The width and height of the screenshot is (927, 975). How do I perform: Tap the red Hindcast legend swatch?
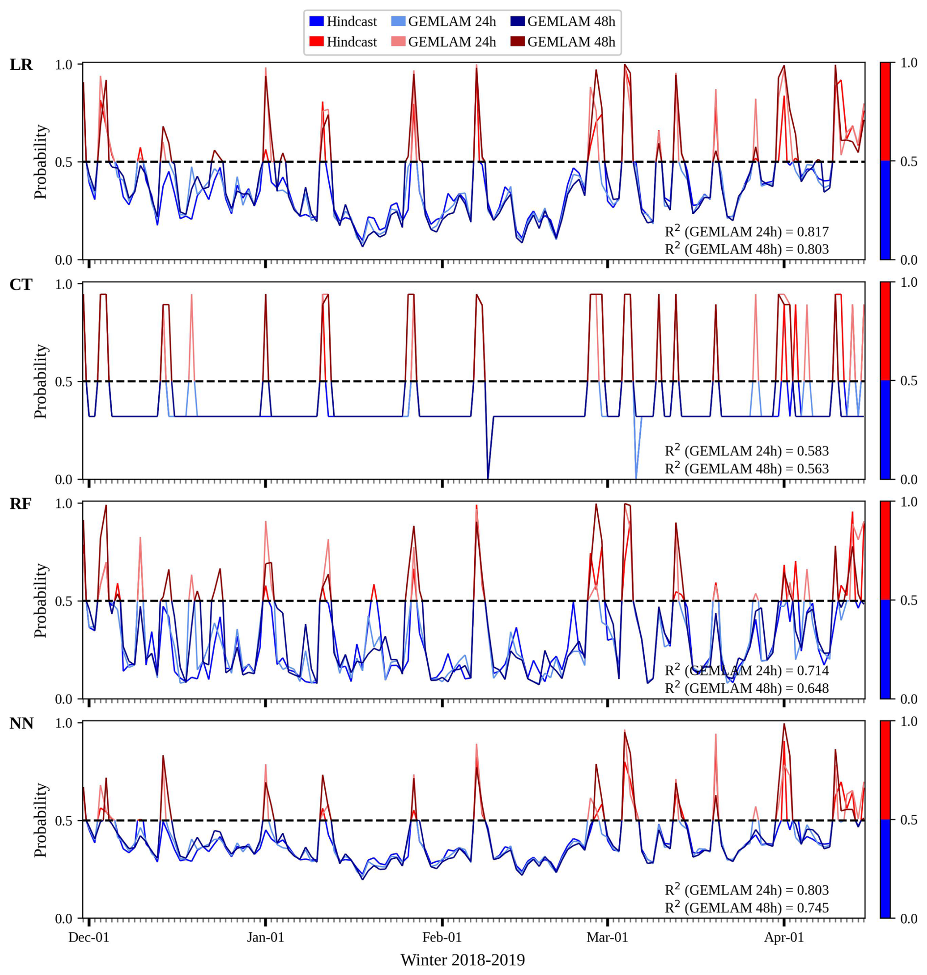(316, 42)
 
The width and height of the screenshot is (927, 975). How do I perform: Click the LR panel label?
(21, 65)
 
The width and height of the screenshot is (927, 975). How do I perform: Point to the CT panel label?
(21, 284)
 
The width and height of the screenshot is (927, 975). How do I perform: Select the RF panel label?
(21, 504)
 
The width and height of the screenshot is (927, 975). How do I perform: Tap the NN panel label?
(21, 724)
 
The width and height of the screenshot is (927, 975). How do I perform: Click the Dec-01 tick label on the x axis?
(89, 937)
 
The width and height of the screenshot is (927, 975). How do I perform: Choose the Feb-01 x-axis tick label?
(442, 937)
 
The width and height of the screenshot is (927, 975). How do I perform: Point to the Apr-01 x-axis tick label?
(784, 937)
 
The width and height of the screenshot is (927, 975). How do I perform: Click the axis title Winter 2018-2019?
(463, 960)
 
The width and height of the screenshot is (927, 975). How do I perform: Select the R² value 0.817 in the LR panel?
(813, 231)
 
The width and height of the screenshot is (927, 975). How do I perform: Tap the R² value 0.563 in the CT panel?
(813, 468)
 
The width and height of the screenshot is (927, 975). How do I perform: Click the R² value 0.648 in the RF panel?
(813, 688)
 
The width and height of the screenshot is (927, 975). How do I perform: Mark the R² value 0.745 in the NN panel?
(813, 907)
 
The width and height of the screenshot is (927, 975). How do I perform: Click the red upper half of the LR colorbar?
(885, 112)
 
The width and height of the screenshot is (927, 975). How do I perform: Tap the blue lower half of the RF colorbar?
(885, 649)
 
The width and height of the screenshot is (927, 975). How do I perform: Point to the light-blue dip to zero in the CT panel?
(636, 475)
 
